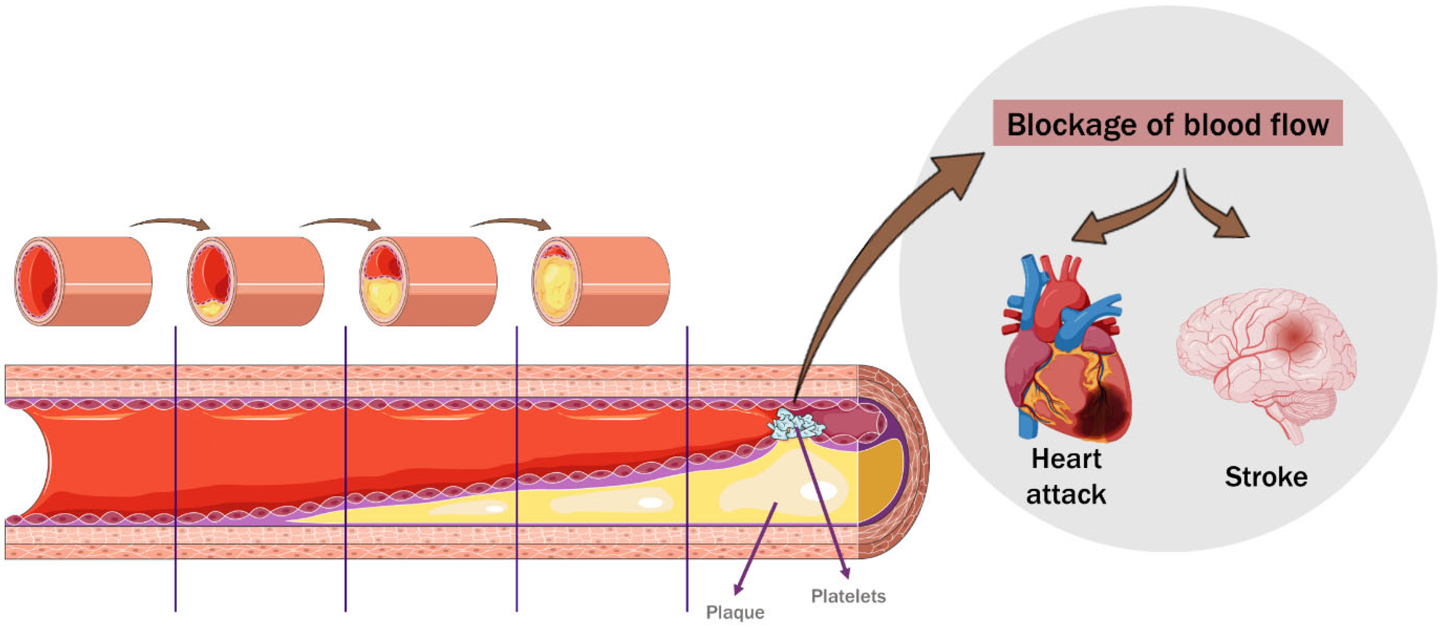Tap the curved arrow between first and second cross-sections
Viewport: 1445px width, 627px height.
point(171,223)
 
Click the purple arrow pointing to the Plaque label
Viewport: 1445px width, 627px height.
point(754,549)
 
